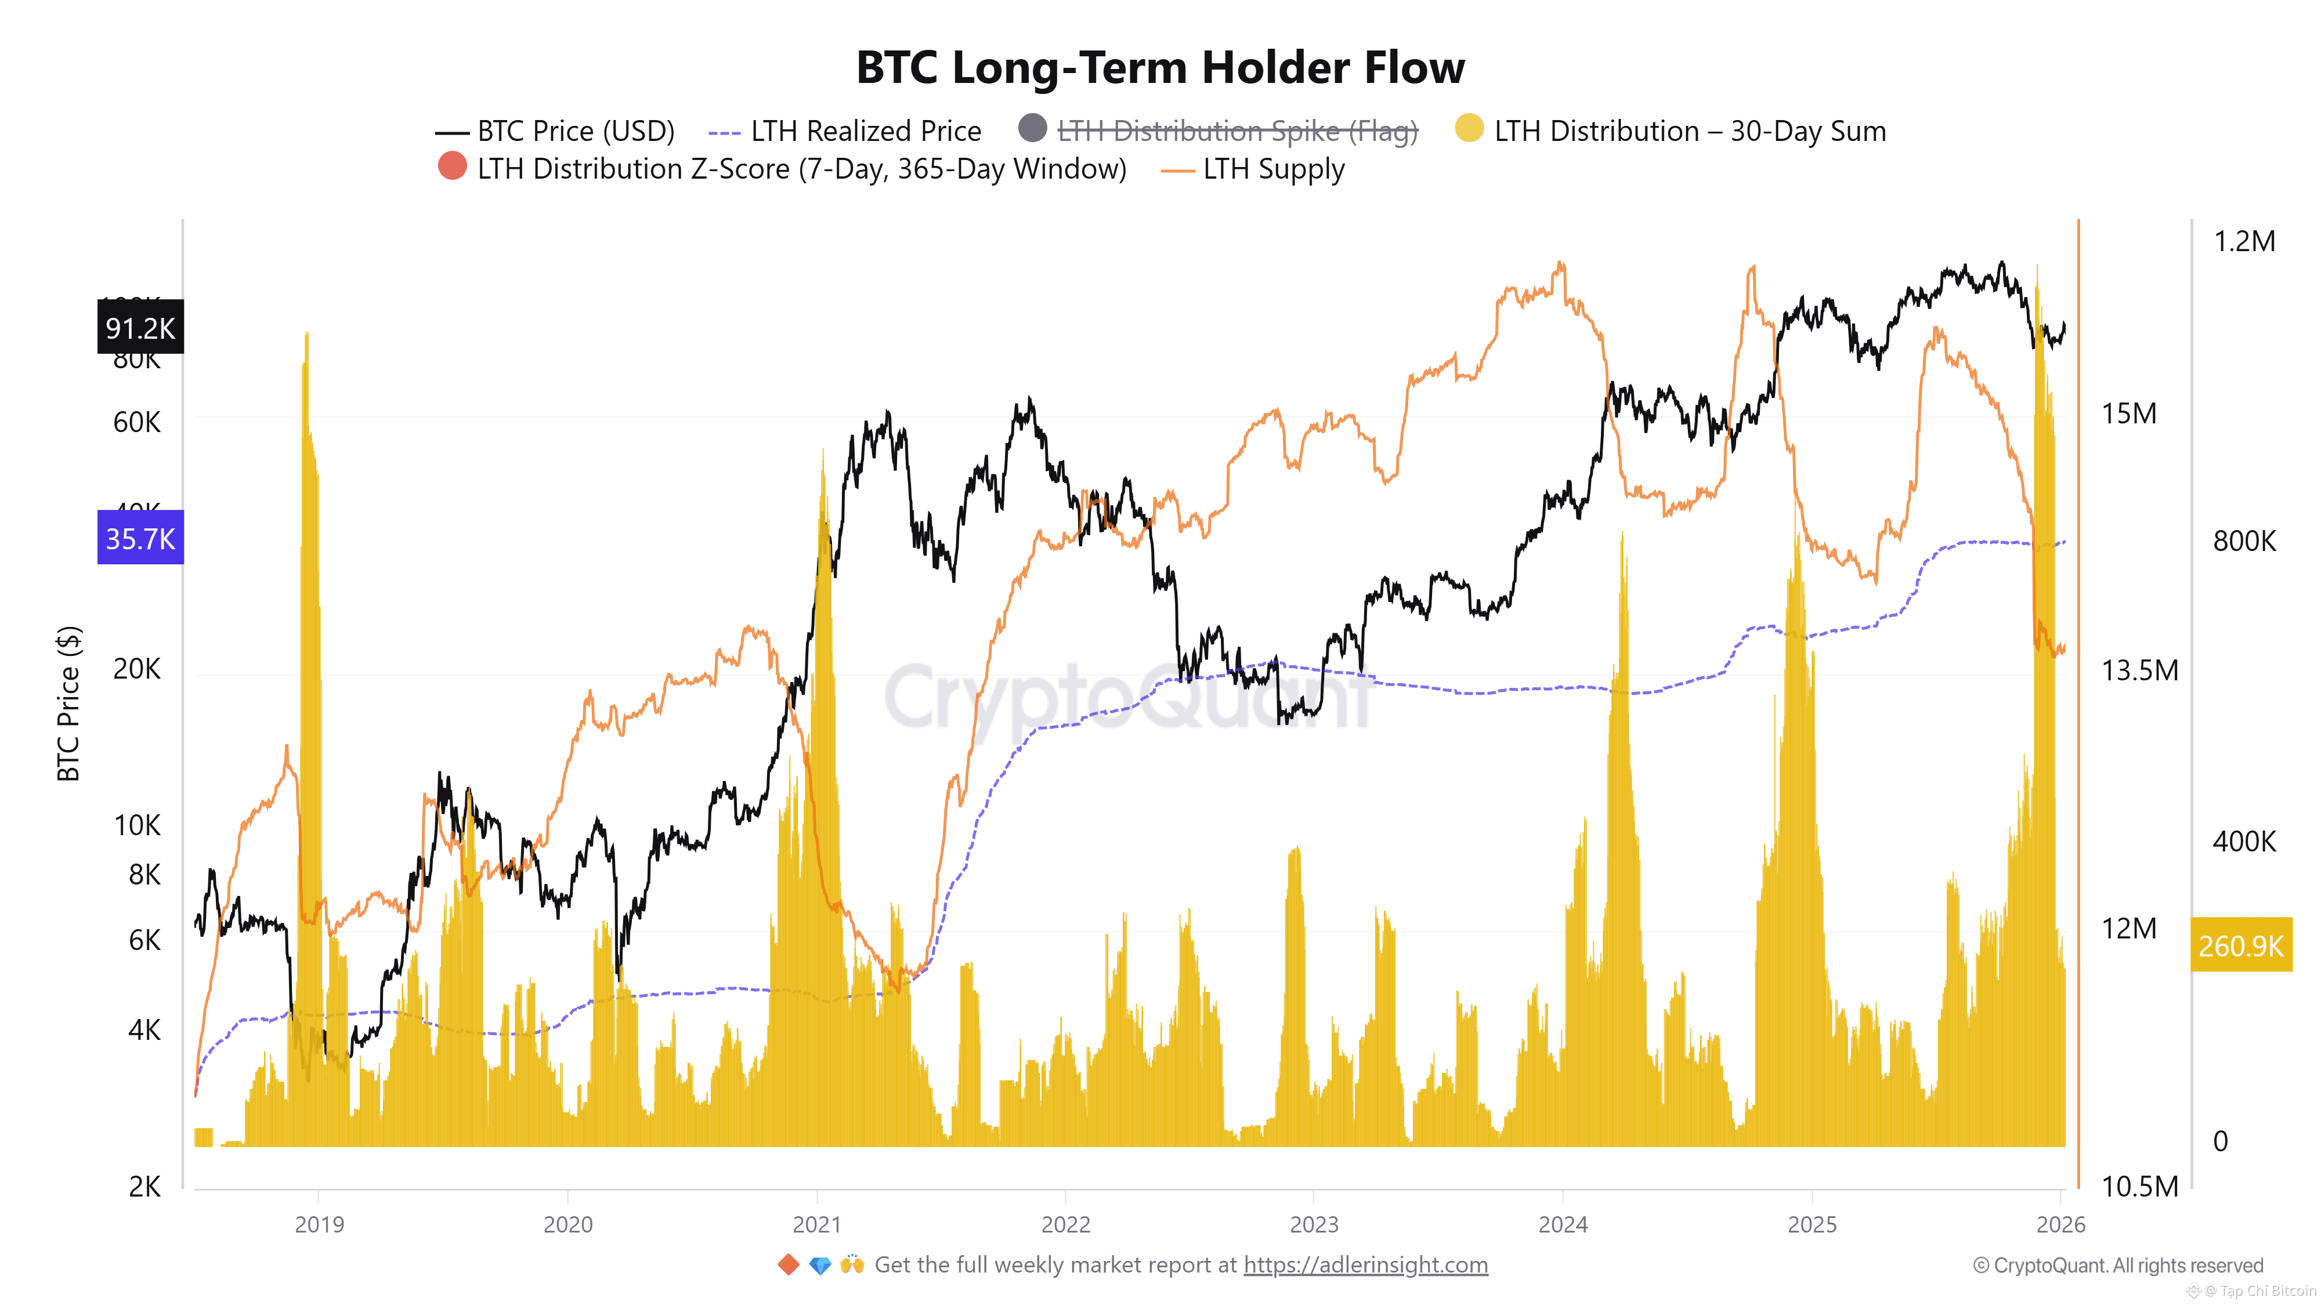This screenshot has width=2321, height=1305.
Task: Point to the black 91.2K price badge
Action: click(x=140, y=328)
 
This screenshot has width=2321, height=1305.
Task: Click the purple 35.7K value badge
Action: click(x=140, y=539)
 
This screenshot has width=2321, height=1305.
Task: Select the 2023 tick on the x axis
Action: click(x=1314, y=1224)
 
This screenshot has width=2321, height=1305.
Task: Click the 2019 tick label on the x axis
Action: click(x=319, y=1224)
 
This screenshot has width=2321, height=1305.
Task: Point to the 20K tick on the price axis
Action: click(x=137, y=669)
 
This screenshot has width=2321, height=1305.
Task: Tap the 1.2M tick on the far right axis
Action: click(x=2243, y=241)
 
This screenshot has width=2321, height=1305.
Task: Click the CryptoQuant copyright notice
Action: click(x=2117, y=1266)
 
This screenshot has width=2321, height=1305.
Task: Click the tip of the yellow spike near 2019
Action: click(x=308, y=335)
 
